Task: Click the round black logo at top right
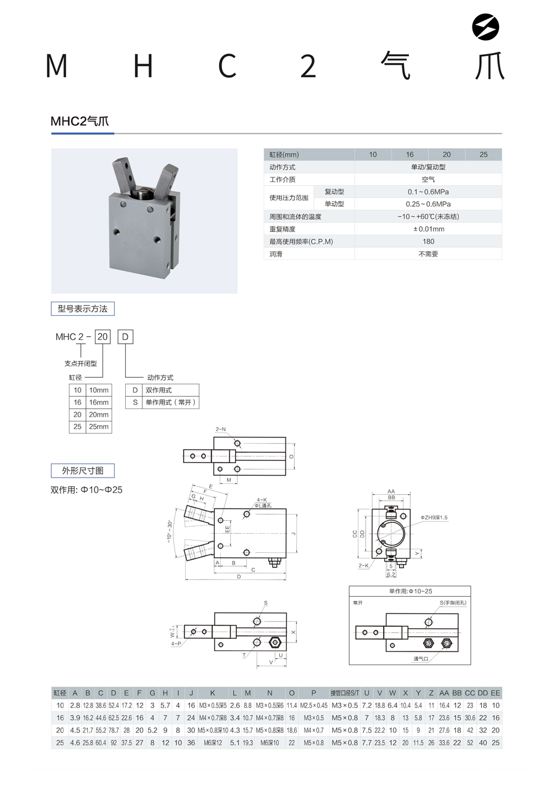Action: point(485,27)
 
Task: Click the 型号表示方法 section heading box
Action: point(83,309)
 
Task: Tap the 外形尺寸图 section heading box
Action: point(83,471)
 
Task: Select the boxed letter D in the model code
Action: point(125,337)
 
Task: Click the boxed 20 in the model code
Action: point(102,337)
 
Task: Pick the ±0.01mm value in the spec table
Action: point(428,229)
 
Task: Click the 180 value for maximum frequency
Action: point(428,241)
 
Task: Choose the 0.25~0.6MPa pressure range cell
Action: point(428,204)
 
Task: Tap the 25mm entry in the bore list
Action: point(99,426)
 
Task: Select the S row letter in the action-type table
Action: point(135,402)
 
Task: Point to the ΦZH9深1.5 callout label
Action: point(434,517)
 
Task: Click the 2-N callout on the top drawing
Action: point(221,429)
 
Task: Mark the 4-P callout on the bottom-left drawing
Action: point(176,644)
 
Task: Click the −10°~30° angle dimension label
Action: point(169,531)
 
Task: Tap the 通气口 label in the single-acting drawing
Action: point(421,658)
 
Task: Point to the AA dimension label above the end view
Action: point(391,491)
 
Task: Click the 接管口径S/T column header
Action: point(345,693)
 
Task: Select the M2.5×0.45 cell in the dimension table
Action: point(314,705)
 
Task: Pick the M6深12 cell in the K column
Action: point(213,743)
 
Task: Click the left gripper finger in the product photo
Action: point(122,175)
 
